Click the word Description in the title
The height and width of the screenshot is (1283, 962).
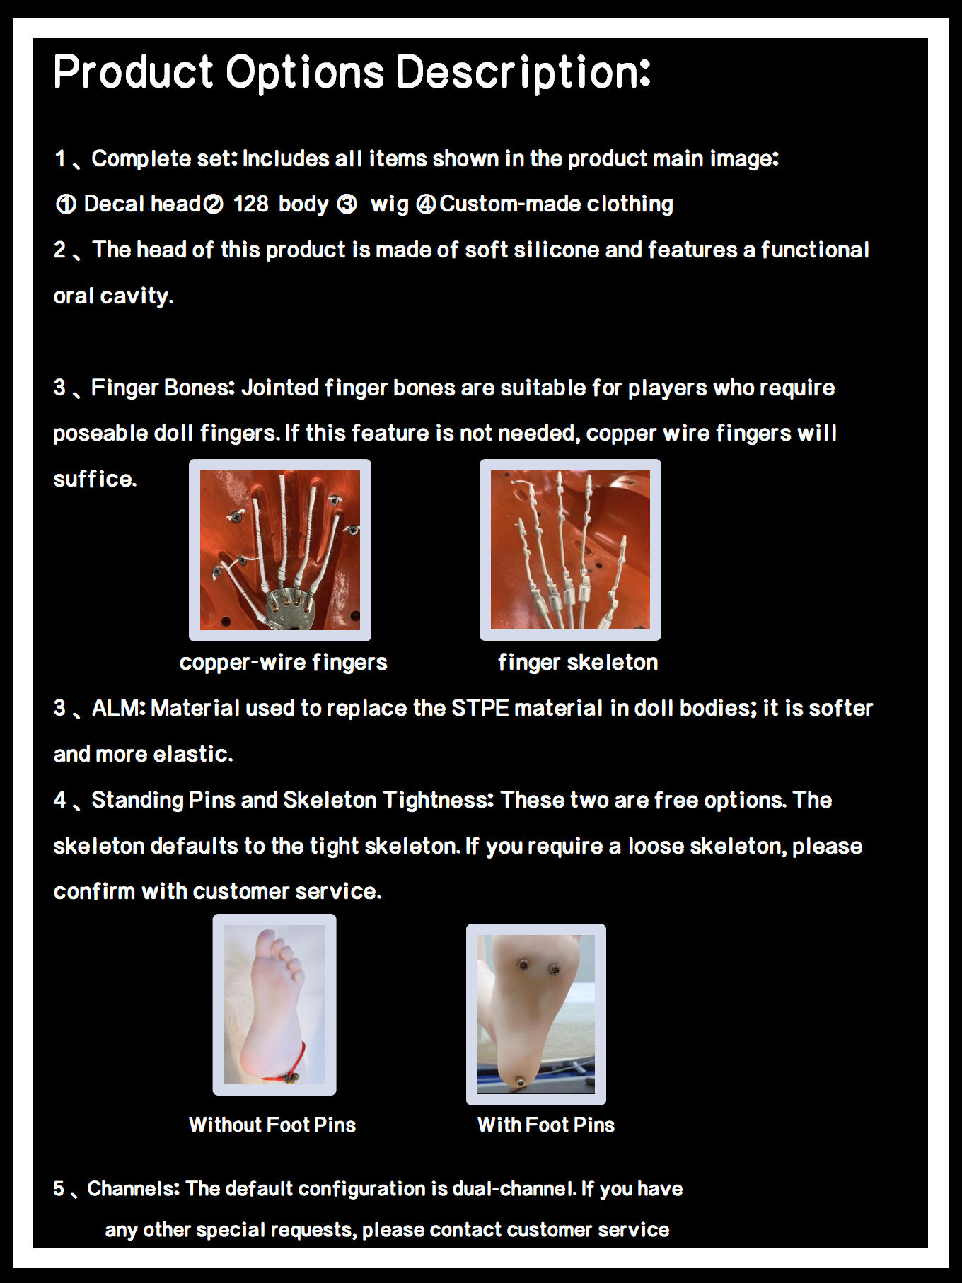point(523,72)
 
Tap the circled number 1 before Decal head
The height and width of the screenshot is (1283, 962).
point(66,204)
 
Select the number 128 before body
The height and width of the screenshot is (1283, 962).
point(251,204)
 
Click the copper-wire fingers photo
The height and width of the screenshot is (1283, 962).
point(280,550)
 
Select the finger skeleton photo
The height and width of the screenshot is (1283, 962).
point(570,550)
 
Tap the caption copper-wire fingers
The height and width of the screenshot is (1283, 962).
point(283,663)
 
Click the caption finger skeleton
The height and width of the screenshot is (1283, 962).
point(578,663)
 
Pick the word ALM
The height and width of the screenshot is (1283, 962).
point(117,708)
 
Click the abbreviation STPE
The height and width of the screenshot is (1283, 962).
point(480,708)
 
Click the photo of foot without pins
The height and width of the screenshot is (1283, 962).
point(274,1005)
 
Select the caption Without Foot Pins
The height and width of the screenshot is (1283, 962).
point(272,1125)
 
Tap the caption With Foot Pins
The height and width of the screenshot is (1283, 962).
point(546,1125)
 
